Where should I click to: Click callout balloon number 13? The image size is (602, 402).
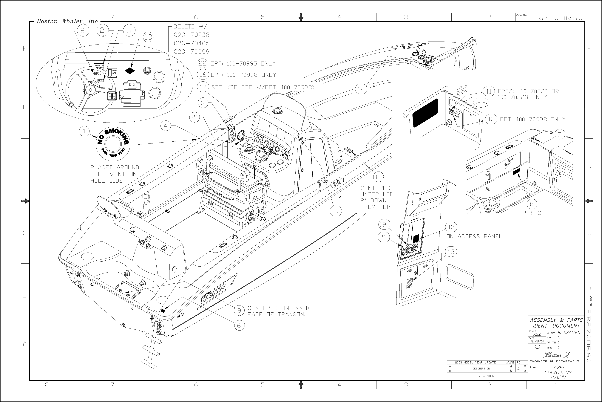click(148, 37)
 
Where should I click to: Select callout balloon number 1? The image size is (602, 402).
click(84, 131)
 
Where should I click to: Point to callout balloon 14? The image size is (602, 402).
click(361, 89)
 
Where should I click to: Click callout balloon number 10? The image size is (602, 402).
click(335, 211)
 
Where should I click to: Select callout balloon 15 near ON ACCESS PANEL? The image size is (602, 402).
click(451, 227)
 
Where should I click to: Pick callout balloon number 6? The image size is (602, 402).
click(239, 326)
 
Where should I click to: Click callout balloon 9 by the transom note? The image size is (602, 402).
click(239, 311)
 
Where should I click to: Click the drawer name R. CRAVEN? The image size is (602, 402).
click(569, 333)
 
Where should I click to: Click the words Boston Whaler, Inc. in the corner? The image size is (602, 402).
click(68, 22)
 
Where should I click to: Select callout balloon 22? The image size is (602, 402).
click(203, 63)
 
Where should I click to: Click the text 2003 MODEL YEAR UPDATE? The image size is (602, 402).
click(475, 363)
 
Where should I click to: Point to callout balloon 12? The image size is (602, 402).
click(491, 119)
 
